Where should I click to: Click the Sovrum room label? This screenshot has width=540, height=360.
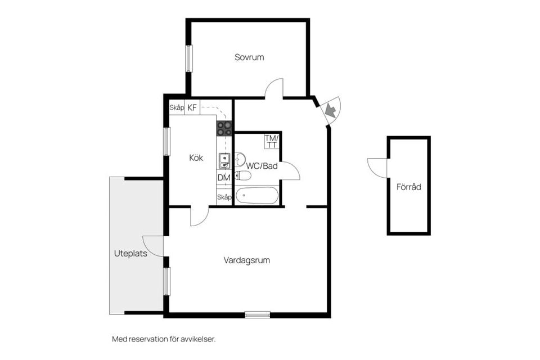(249, 57)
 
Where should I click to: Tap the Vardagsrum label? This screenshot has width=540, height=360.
(246, 260)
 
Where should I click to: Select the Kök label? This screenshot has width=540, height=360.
(196, 158)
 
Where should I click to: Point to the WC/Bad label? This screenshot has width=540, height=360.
(262, 166)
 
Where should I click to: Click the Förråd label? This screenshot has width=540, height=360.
(408, 187)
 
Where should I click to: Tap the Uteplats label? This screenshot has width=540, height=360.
(130, 254)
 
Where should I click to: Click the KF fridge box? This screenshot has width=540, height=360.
(192, 107)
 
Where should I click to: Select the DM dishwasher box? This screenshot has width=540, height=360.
(224, 178)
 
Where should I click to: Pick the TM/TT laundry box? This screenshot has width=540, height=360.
(272, 141)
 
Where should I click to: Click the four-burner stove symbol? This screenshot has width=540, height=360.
(224, 128)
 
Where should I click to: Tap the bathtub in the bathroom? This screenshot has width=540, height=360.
(256, 196)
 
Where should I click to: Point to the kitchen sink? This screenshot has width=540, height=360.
(224, 161)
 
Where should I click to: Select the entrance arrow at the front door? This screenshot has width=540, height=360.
(331, 111)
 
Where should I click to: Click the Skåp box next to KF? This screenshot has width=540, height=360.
(177, 107)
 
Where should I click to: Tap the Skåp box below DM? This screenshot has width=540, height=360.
(224, 197)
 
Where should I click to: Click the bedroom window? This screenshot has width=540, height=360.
(190, 58)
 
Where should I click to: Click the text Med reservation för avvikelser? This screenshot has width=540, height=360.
(164, 339)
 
